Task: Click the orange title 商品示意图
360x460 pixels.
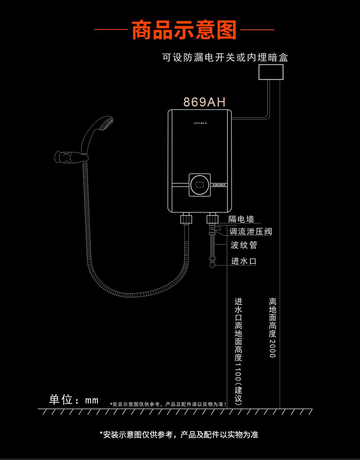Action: (x=184, y=30)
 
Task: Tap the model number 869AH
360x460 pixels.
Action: (x=204, y=102)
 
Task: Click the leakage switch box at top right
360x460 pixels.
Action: (x=271, y=72)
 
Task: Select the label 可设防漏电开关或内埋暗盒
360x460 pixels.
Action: (x=225, y=57)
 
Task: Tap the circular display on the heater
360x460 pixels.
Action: (x=200, y=185)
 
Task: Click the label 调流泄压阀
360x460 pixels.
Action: (x=251, y=232)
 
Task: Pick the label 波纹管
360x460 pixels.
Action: (x=244, y=245)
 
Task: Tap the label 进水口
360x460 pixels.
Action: (x=244, y=261)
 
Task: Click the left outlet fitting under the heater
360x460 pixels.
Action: (x=186, y=219)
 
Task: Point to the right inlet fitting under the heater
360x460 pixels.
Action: (x=212, y=219)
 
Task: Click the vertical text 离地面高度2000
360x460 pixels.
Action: (x=273, y=327)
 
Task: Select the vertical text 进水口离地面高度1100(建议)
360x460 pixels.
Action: (x=239, y=351)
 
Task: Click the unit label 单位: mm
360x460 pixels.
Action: (x=74, y=400)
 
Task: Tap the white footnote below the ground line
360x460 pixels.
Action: (x=179, y=435)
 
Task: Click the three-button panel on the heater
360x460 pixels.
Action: (x=219, y=185)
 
